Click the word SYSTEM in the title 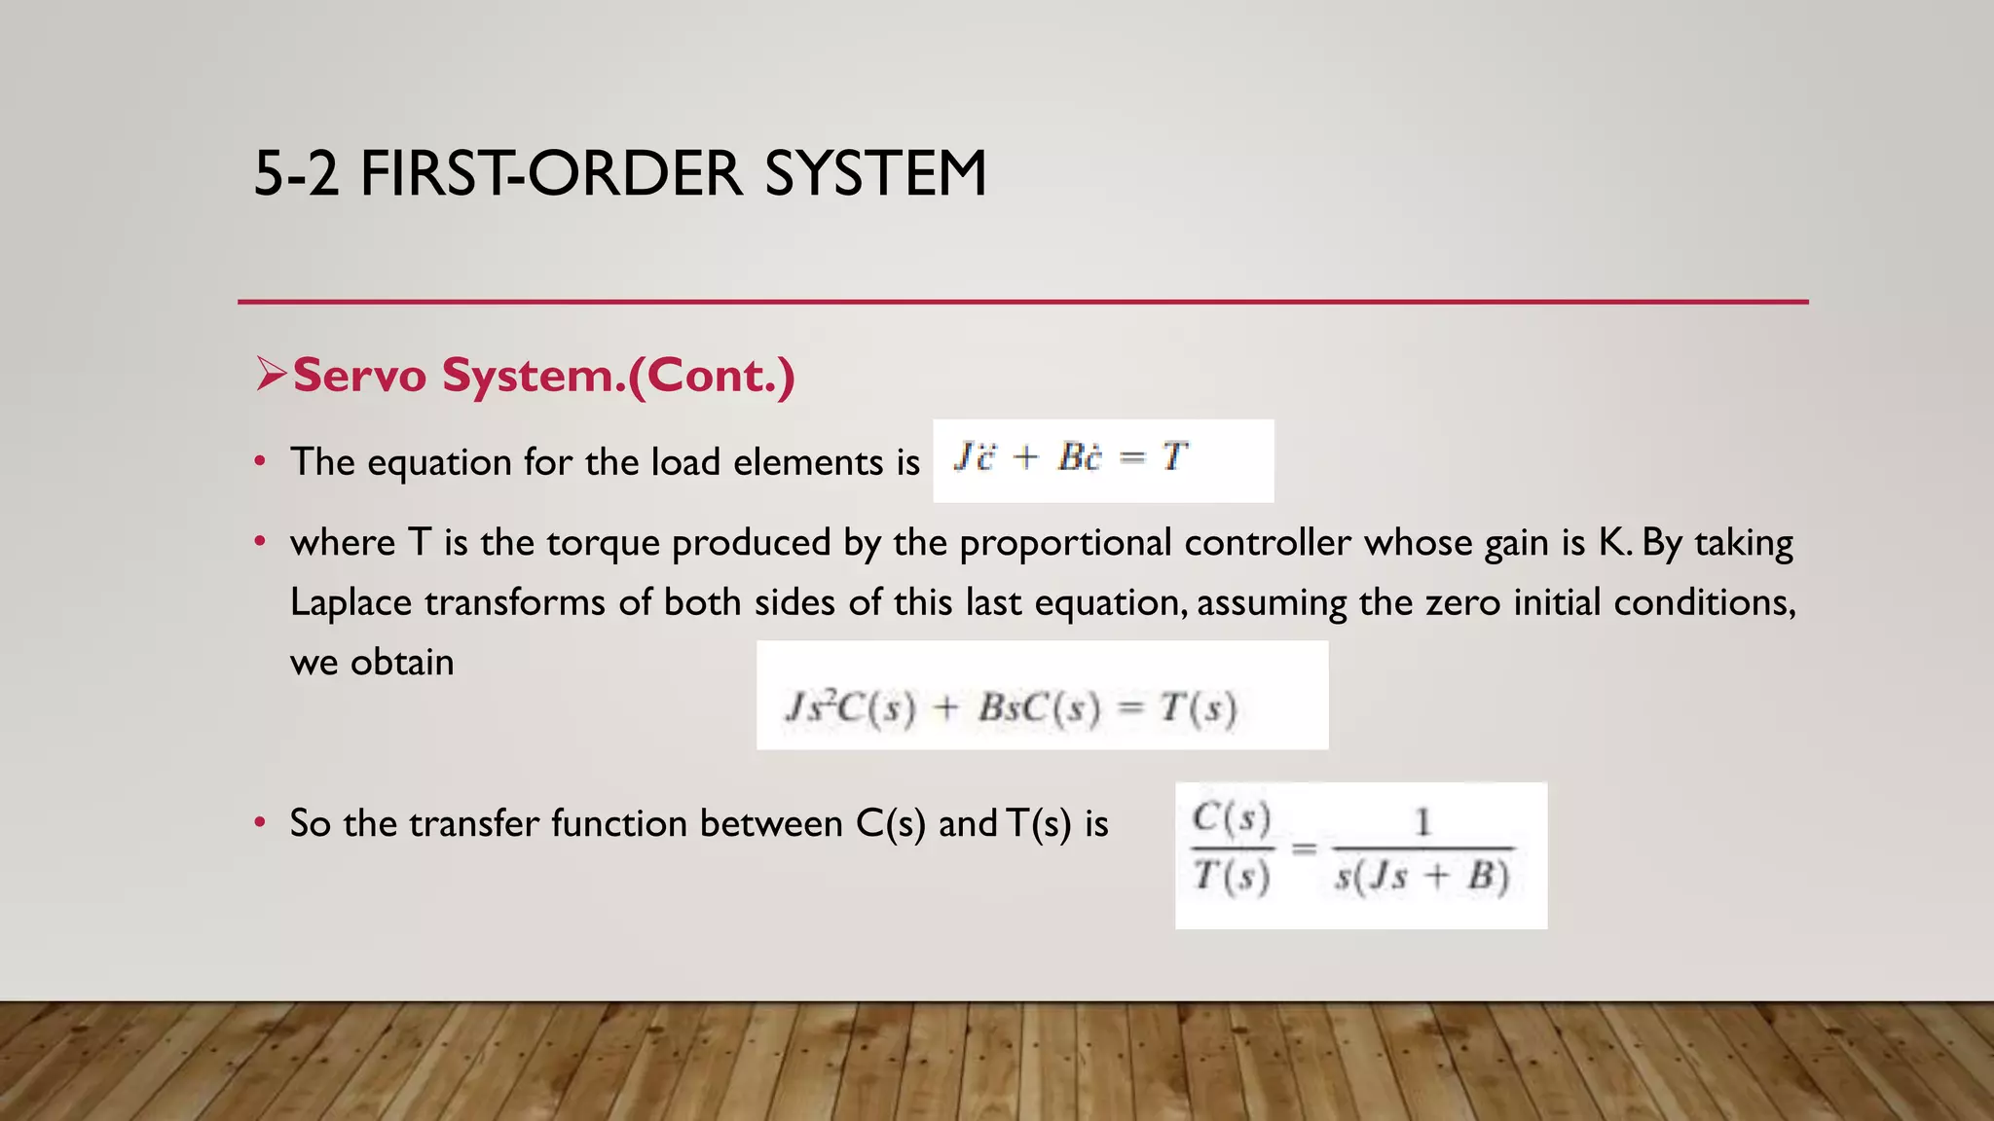pos(875,174)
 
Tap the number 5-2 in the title pos(296,174)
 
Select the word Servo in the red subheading pos(359,376)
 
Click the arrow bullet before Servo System pos(271,374)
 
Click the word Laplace pos(351,602)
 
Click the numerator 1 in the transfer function pos(1422,822)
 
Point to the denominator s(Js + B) pos(1422,877)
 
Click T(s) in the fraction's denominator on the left pos(1232,877)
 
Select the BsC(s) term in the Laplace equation pos(1039,707)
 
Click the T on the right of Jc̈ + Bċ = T pos(1174,455)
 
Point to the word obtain pos(402,663)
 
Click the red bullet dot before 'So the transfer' pos(259,823)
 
